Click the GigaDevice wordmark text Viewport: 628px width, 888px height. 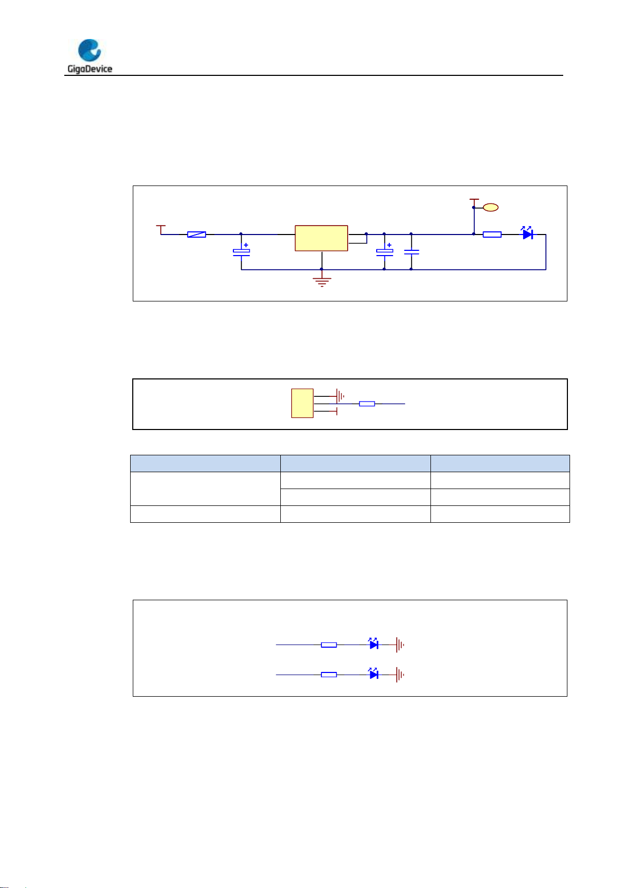(x=90, y=69)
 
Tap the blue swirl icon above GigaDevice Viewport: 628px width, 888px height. (x=90, y=51)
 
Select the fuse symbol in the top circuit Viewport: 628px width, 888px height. (x=197, y=235)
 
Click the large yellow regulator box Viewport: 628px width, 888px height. (x=321, y=238)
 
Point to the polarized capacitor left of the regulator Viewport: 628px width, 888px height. (x=241, y=252)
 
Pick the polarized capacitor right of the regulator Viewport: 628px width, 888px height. (x=385, y=252)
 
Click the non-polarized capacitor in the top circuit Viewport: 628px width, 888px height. (x=411, y=252)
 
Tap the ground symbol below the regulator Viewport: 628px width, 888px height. (x=322, y=281)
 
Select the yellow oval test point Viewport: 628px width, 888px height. (x=490, y=208)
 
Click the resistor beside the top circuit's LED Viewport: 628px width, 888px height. (x=492, y=235)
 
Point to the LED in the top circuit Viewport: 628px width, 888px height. (x=527, y=234)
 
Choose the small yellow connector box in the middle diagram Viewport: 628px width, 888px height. (x=302, y=403)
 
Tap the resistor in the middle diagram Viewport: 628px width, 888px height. (x=367, y=404)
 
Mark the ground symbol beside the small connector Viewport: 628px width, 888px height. (x=339, y=395)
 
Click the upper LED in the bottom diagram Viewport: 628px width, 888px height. (x=374, y=644)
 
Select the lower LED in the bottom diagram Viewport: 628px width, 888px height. (x=374, y=674)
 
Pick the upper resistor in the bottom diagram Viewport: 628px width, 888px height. (x=329, y=645)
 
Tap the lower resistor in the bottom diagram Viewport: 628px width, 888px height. (x=329, y=675)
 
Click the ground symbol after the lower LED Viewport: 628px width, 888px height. (x=400, y=675)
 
